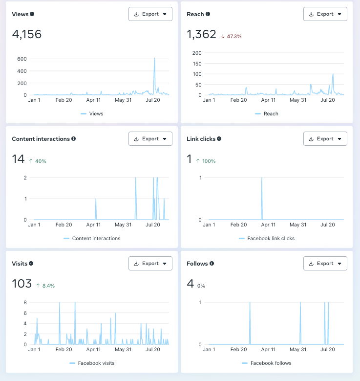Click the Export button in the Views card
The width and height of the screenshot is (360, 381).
[150, 14]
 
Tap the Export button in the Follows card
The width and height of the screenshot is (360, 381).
[325, 264]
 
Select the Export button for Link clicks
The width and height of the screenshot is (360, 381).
[325, 139]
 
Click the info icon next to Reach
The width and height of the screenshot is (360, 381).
[208, 14]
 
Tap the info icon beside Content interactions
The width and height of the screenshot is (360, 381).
[73, 139]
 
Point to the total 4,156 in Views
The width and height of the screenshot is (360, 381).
[27, 35]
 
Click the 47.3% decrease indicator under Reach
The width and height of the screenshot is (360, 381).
[232, 36]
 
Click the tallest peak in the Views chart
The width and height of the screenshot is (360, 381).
[154, 59]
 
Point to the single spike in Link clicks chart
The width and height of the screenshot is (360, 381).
[262, 178]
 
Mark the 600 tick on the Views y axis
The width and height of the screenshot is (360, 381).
[21, 59]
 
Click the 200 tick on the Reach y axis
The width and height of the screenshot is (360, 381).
[197, 53]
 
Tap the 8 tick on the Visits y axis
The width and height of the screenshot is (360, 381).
[25, 303]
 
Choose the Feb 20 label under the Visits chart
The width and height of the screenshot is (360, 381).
[64, 350]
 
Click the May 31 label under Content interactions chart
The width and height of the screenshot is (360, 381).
[123, 225]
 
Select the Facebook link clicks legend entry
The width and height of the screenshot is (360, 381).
[271, 239]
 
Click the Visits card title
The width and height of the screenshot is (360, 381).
[20, 264]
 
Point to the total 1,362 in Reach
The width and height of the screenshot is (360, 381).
[201, 35]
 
